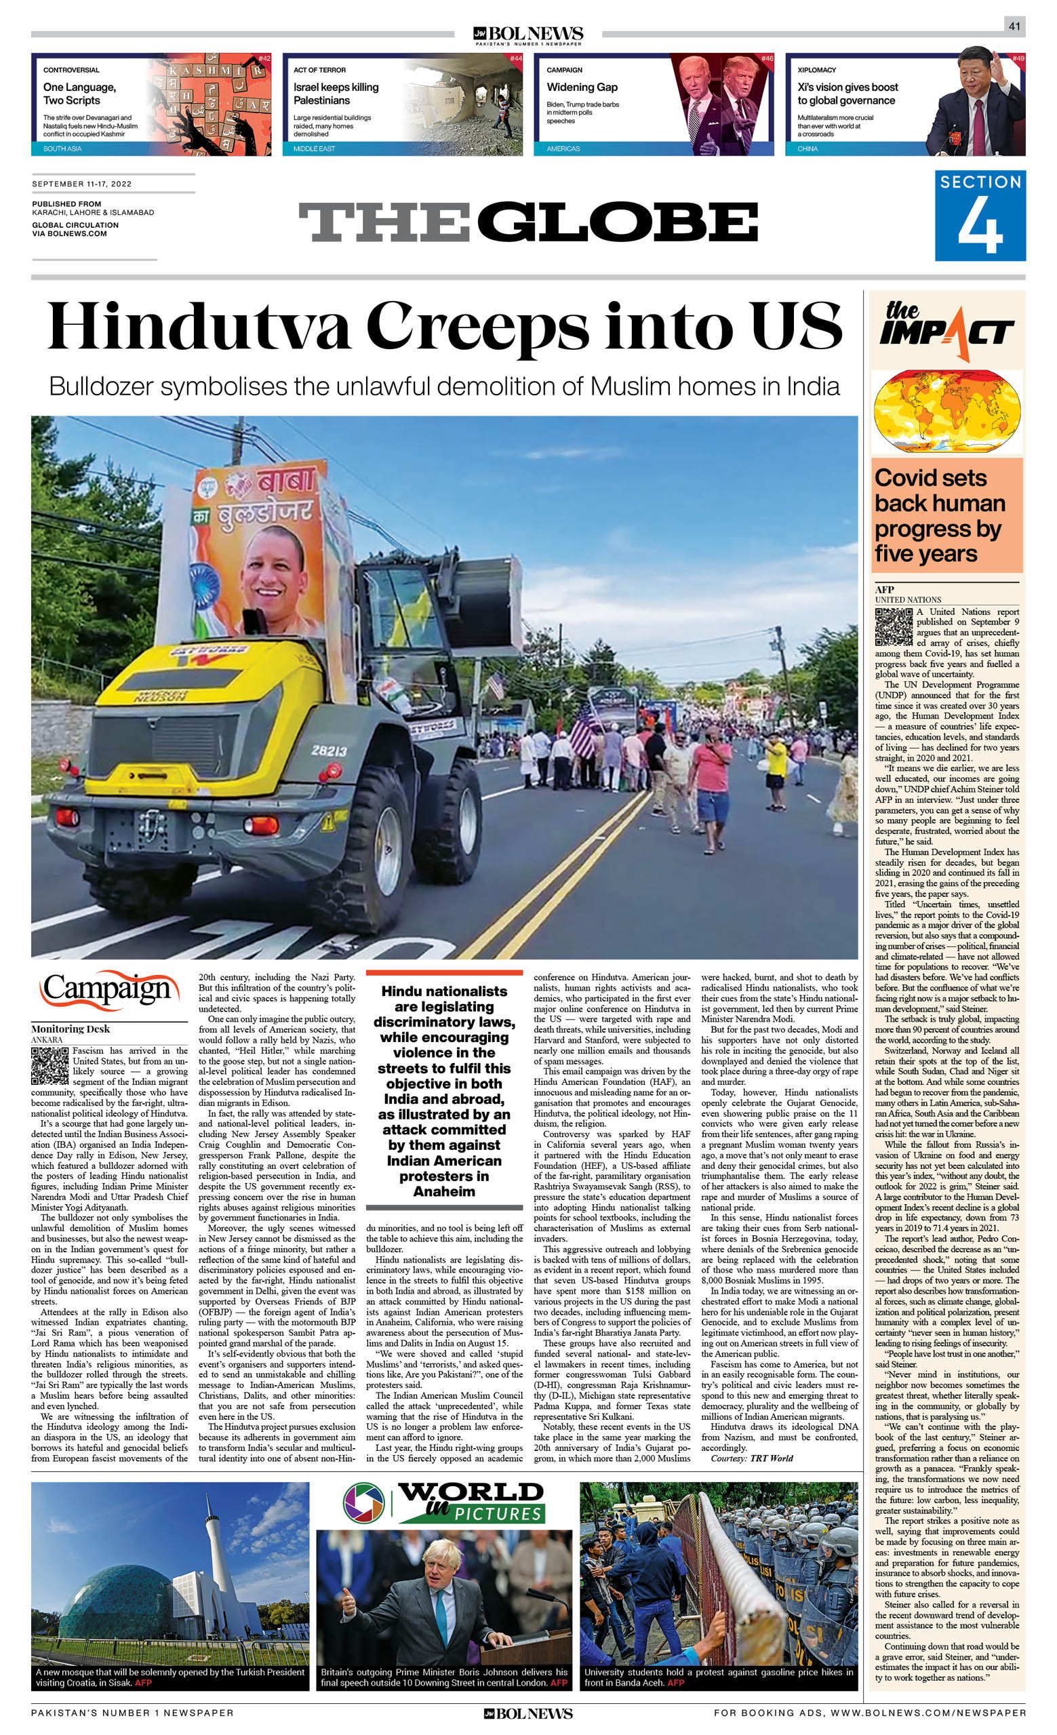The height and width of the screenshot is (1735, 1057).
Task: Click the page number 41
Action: [1014, 26]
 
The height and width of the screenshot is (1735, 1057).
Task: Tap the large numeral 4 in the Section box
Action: [980, 226]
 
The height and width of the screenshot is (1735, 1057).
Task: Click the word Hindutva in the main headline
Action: [199, 326]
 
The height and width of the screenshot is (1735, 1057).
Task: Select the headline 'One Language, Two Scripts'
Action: [79, 94]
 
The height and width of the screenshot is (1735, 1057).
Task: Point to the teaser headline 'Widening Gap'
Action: [582, 87]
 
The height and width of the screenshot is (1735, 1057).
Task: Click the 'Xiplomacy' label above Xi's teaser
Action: [816, 71]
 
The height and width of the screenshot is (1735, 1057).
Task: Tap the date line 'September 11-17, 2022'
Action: [81, 184]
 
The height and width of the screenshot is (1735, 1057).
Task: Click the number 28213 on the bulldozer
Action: [328, 751]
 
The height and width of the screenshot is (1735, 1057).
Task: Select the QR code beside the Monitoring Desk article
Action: [50, 1065]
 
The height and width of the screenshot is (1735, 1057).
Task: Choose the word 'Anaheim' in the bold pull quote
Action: [443, 1191]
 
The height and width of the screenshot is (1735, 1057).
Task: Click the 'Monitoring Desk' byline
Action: [71, 1029]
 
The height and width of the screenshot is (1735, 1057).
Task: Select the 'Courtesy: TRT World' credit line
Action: [751, 1458]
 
